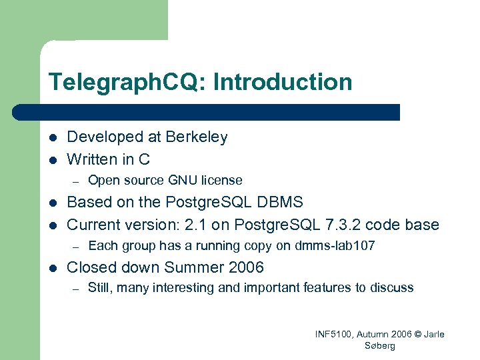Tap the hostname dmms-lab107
[x=334, y=246]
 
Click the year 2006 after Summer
[x=245, y=267]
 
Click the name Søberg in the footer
[x=380, y=346]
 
